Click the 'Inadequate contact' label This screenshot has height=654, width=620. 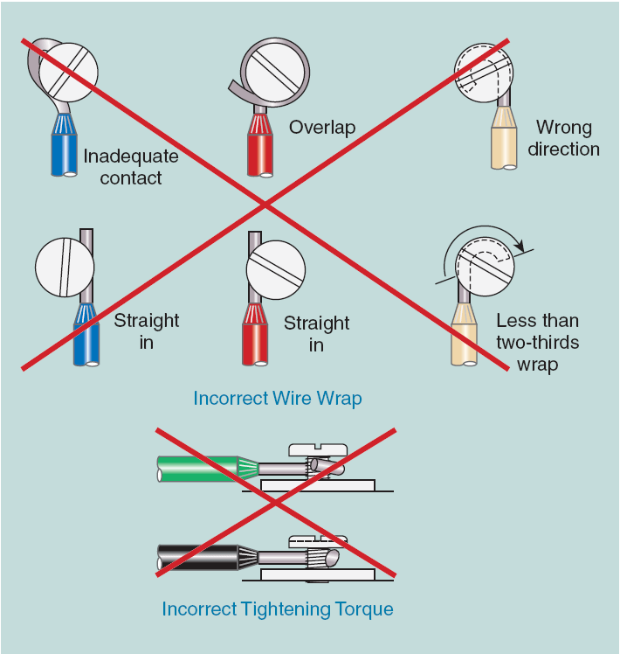click(x=131, y=167)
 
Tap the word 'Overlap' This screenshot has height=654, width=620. click(x=322, y=128)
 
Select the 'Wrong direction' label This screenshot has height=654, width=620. click(x=563, y=138)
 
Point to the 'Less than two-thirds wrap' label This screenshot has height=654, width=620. click(x=537, y=342)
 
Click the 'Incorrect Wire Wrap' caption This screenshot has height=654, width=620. click(x=278, y=399)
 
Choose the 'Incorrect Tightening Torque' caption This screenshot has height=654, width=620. click(x=278, y=609)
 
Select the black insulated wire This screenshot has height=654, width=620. click(x=196, y=557)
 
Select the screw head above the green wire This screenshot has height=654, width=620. click(x=317, y=449)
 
